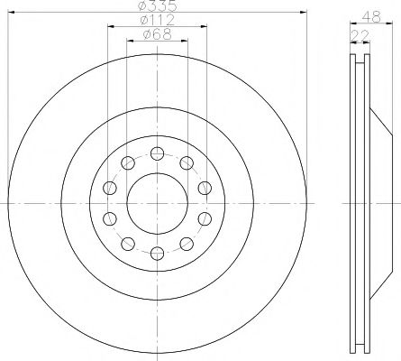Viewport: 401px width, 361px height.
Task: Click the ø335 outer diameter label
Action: coord(158,5)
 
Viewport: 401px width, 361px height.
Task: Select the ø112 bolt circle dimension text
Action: coord(157,20)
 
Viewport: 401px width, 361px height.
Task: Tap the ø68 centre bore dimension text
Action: coord(158,34)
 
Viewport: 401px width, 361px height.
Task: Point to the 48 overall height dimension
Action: coord(371,17)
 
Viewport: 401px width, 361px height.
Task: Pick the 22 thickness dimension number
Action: coord(360,36)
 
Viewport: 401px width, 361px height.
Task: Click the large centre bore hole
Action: coord(157,204)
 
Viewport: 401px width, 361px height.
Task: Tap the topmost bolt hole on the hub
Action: coord(157,153)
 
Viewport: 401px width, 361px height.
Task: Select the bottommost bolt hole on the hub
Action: coord(157,254)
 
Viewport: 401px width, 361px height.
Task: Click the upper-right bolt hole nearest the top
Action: coord(187,163)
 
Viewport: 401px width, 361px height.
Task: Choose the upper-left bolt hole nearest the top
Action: coord(128,163)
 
